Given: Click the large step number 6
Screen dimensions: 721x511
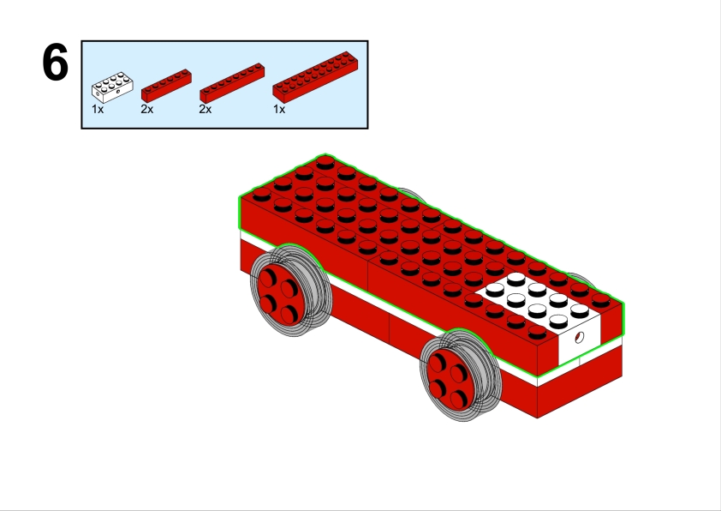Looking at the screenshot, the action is tap(55, 62).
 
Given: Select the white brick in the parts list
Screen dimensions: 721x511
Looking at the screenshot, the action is tap(113, 87).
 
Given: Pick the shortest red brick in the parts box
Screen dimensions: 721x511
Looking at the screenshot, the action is tap(166, 86).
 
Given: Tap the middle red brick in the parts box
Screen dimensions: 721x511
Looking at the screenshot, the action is tap(232, 83).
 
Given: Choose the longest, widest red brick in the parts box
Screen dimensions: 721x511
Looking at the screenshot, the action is tap(315, 77).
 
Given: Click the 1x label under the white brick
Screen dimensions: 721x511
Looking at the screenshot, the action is tap(98, 110).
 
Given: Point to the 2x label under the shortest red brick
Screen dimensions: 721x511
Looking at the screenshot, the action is tap(146, 110).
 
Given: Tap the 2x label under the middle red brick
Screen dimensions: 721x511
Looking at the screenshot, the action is tap(205, 110).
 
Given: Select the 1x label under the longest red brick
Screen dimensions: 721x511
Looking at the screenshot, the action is tap(279, 110).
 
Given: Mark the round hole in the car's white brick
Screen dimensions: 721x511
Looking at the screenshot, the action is tap(580, 338).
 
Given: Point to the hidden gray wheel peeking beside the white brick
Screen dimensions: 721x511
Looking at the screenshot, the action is tap(581, 278).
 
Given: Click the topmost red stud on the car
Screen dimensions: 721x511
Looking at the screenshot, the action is tap(325, 163).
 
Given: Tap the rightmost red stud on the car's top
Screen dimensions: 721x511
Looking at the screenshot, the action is tap(600, 301).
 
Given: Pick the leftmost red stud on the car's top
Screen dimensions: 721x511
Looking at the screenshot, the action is tap(262, 194).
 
